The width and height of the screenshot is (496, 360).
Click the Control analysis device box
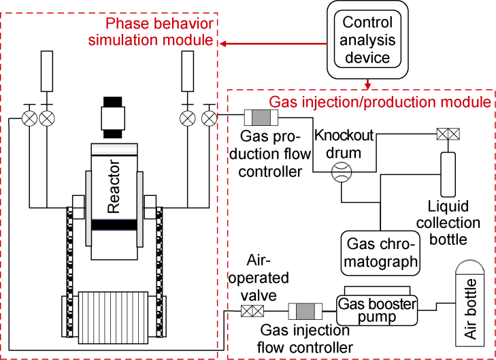pos(367,40)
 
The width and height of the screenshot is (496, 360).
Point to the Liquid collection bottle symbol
pos(449,172)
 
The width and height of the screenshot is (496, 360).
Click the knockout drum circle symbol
pos(340,174)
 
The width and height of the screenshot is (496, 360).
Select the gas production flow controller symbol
pos(262,116)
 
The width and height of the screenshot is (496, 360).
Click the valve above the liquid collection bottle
pos(447,135)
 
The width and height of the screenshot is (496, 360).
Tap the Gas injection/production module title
pos(380,102)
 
